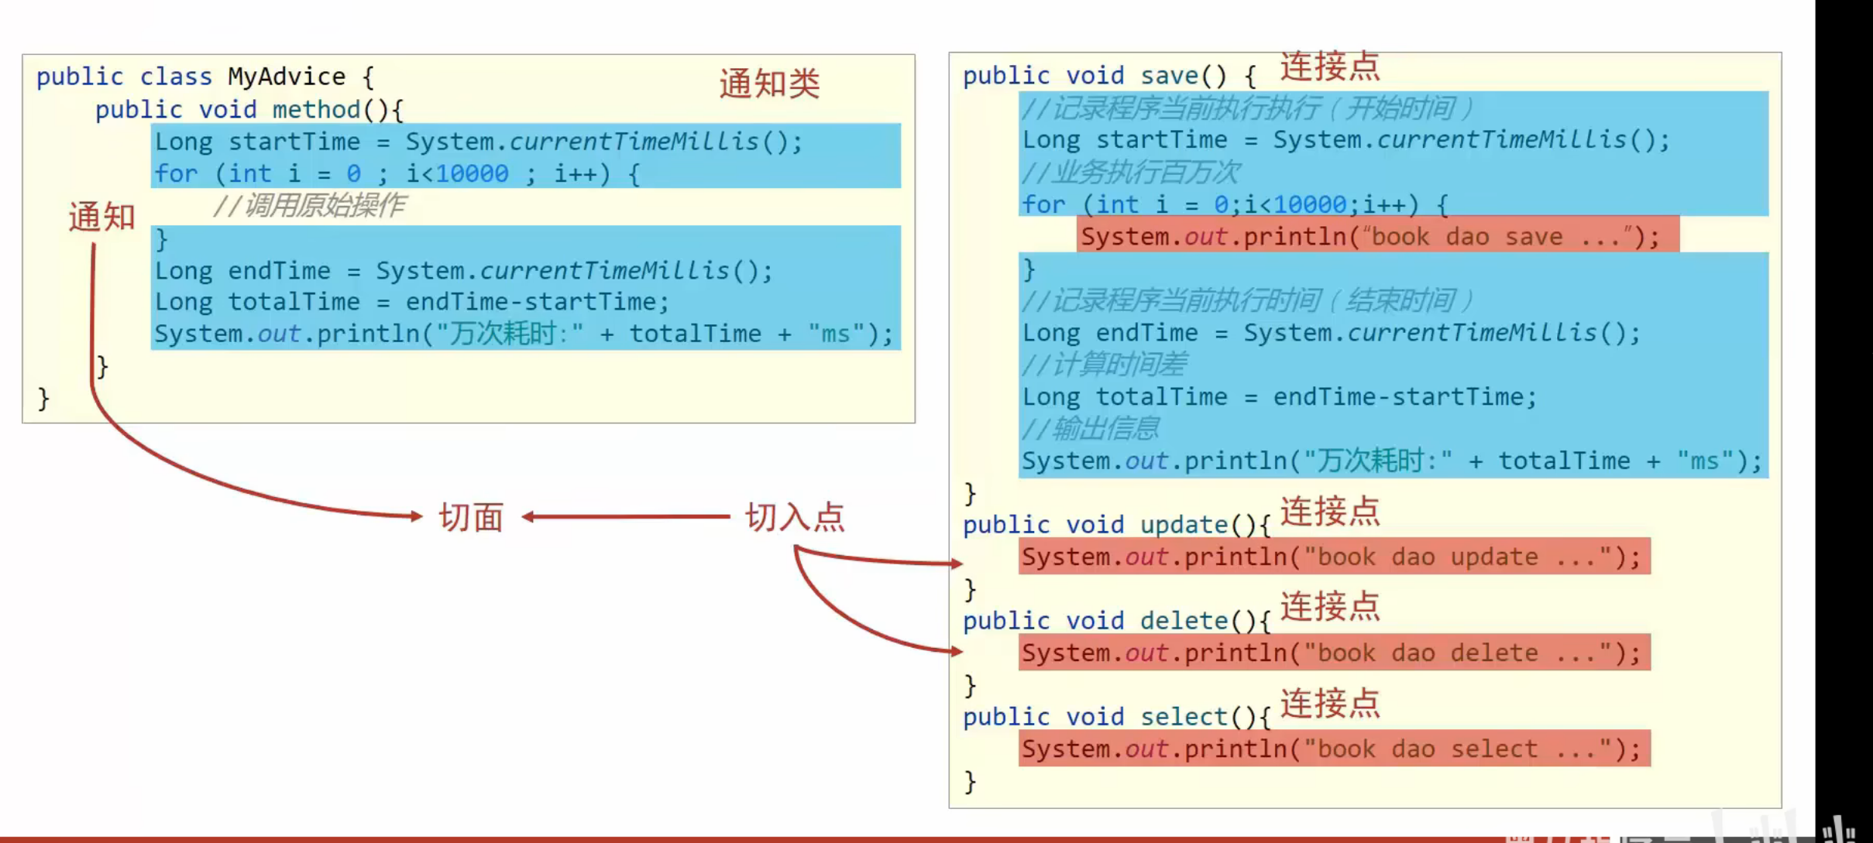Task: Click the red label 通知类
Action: tap(768, 84)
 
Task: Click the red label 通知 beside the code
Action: tap(101, 217)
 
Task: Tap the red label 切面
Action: tap(471, 517)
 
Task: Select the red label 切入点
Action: tap(795, 517)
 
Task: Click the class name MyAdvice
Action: tap(286, 77)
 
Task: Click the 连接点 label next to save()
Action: tap(1329, 67)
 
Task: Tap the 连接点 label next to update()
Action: tap(1329, 512)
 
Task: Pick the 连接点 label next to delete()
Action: tap(1329, 607)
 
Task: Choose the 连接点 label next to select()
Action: tap(1329, 704)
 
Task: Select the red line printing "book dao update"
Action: tap(1333, 557)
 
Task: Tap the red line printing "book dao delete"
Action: tap(1333, 653)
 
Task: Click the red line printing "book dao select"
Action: tap(1333, 749)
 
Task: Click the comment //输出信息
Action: tap(1090, 428)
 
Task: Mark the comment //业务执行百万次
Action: tap(1130, 172)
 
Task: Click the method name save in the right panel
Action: tap(1169, 76)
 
